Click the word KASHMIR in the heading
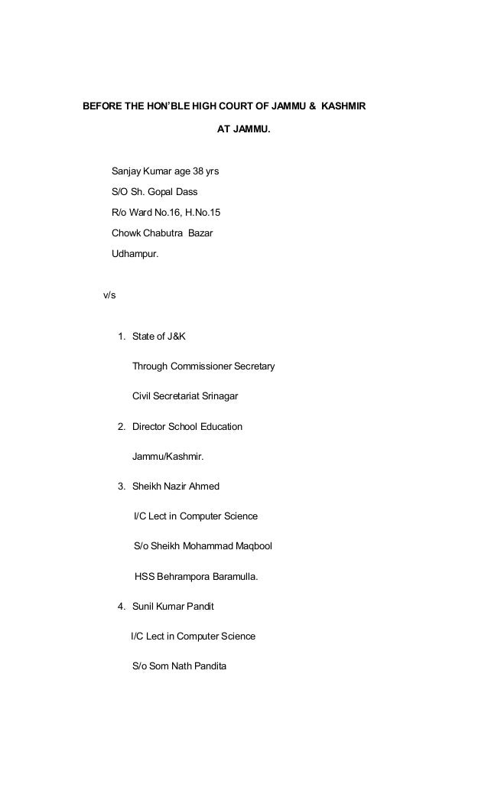coord(341,105)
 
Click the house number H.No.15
coord(197,211)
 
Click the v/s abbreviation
coord(104,295)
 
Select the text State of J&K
coord(158,337)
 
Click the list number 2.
coord(122,426)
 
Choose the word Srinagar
coord(220,396)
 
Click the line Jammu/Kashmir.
coord(168,456)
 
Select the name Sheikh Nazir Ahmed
coord(176,486)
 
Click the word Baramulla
coord(232,577)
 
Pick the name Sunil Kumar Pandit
coord(173,607)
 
